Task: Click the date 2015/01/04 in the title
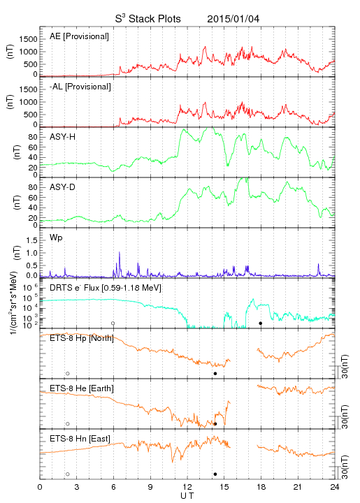point(233,19)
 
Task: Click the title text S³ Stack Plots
point(148,19)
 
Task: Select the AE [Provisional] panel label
point(79,36)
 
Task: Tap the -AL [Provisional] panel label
point(80,87)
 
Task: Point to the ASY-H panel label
point(63,137)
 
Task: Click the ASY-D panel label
point(63,187)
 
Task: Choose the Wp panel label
point(56,238)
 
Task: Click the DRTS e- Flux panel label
point(106,288)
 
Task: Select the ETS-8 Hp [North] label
point(82,338)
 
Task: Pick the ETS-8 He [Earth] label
point(82,388)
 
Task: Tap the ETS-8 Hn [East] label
point(80,439)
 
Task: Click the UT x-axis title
point(187,496)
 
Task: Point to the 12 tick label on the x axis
point(187,487)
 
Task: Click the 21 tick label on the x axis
point(298,487)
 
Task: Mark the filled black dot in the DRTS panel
point(261,323)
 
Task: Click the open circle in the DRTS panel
point(113,323)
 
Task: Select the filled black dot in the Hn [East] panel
point(215,474)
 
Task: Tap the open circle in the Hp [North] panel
point(68,374)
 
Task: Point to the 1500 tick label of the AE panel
point(28,39)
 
